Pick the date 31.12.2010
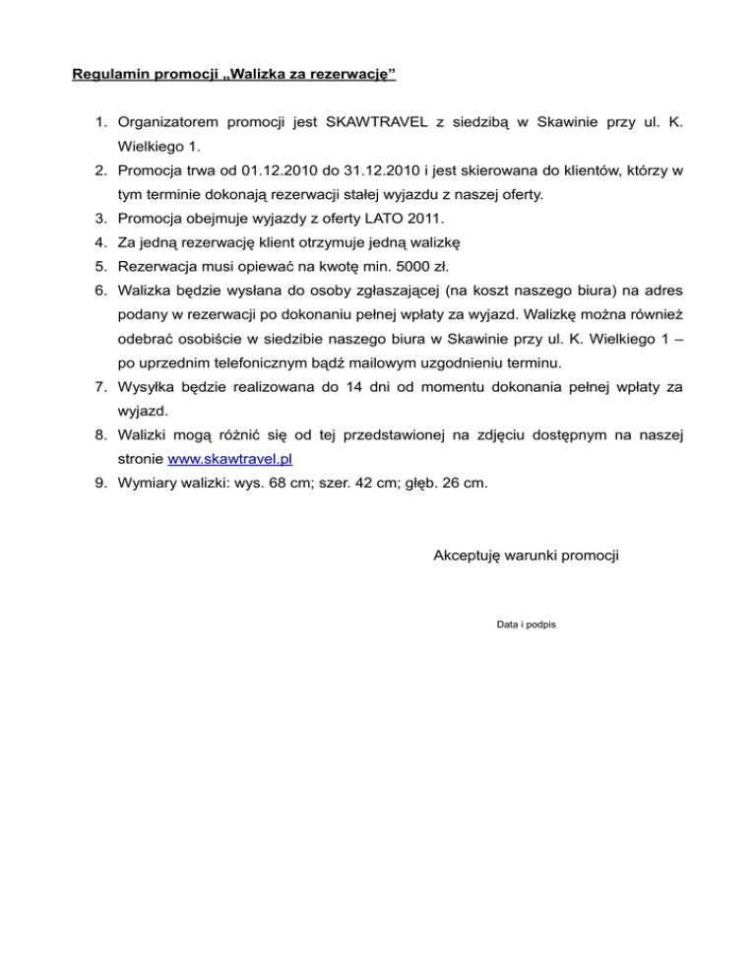tap(382, 171)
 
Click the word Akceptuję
tap(469, 556)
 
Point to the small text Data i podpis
tap(527, 624)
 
